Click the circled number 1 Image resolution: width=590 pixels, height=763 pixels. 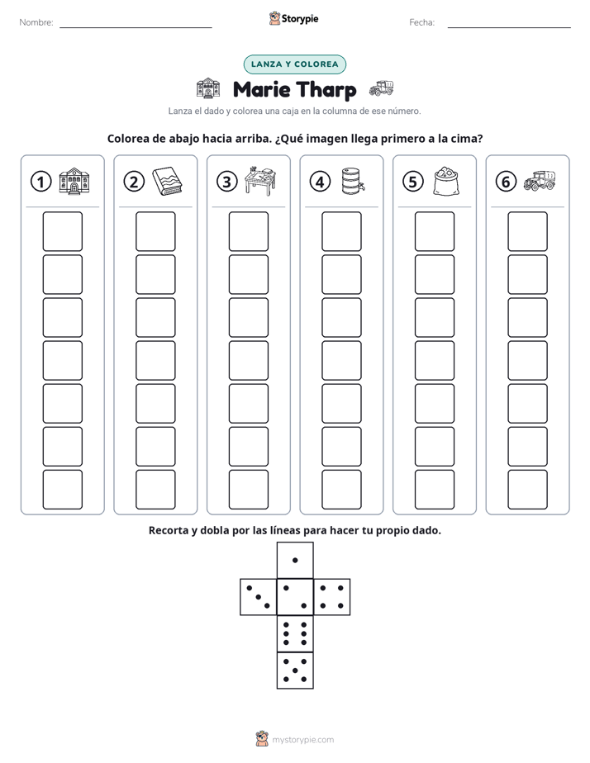(40, 182)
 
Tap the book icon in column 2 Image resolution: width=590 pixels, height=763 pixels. (167, 182)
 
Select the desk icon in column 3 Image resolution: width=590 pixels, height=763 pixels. (260, 181)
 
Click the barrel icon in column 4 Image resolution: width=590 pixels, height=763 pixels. (353, 181)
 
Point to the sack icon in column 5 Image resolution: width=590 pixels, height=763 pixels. (446, 182)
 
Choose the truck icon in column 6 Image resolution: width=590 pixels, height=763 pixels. (540, 181)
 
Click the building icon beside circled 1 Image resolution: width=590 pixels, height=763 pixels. (74, 182)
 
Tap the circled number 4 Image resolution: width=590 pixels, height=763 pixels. (320, 182)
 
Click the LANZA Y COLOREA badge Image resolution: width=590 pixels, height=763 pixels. (294, 64)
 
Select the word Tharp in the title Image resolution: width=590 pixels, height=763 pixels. (326, 90)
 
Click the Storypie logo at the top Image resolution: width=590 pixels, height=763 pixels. (293, 18)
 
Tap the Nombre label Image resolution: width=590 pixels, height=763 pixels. (36, 22)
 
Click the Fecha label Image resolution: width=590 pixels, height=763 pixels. (421, 22)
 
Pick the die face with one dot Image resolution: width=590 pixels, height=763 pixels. (295, 561)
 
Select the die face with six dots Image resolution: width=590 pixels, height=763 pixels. (295, 633)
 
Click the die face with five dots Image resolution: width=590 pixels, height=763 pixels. (295, 671)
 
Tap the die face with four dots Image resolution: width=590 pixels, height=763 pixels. (332, 597)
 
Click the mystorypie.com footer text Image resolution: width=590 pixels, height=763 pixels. (302, 740)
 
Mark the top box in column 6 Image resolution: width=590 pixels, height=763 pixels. (527, 231)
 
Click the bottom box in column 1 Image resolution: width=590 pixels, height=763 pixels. (62, 490)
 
